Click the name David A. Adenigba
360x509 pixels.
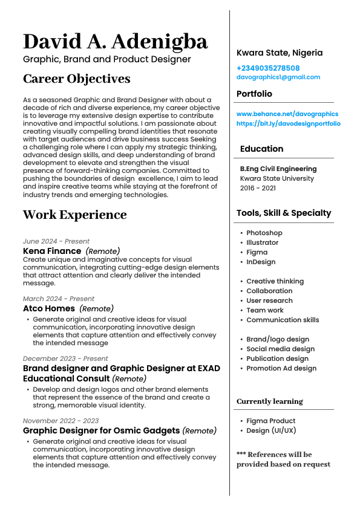point(115,41)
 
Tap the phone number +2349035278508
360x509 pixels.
point(268,68)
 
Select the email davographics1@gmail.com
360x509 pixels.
point(278,77)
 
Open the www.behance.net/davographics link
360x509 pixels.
point(287,114)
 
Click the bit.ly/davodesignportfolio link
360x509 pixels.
point(289,123)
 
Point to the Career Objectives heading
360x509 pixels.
point(76,79)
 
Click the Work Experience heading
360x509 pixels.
point(74,215)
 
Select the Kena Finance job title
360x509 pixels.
point(52,251)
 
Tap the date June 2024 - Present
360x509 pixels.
point(56,241)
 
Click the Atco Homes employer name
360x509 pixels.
point(49,308)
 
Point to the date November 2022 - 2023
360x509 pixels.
point(61,421)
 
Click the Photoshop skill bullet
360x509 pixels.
point(264,233)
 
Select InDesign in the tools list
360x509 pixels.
point(261,262)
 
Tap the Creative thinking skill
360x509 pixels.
point(275,281)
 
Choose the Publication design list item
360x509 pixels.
point(277,358)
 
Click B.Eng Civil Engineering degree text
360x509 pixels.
point(278,169)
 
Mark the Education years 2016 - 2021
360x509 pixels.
point(258,188)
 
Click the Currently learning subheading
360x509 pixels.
point(269,401)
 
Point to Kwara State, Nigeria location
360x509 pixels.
point(280,53)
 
